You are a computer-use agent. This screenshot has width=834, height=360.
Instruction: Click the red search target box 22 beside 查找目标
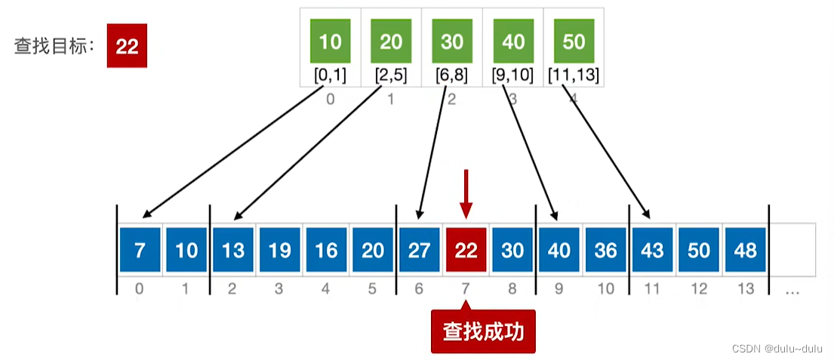[x=127, y=47]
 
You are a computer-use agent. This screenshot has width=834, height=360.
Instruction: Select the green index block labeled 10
[x=331, y=42]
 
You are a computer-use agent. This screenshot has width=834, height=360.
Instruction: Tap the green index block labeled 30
[x=452, y=42]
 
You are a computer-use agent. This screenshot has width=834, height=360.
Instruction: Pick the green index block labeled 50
[x=574, y=42]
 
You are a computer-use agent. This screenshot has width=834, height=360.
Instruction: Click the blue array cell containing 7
[x=140, y=250]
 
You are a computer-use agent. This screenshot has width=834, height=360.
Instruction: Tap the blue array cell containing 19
[x=279, y=250]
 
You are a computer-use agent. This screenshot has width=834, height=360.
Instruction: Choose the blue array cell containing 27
[x=420, y=250]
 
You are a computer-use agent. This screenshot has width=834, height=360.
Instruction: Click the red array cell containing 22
[x=466, y=250]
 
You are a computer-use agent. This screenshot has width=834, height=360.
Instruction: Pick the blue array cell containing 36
[x=605, y=250]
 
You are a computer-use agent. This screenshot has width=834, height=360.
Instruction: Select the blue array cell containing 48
[x=745, y=250]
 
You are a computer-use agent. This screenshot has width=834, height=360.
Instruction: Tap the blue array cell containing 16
[x=326, y=250]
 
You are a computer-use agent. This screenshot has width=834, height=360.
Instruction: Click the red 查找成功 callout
[x=483, y=331]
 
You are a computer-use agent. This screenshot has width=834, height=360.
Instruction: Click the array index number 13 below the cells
[x=746, y=288]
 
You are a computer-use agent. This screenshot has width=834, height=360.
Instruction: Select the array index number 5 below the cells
[x=373, y=288]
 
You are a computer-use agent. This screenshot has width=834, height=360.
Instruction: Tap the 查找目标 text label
[x=52, y=47]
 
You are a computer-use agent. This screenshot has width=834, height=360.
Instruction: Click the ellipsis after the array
[x=792, y=290]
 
